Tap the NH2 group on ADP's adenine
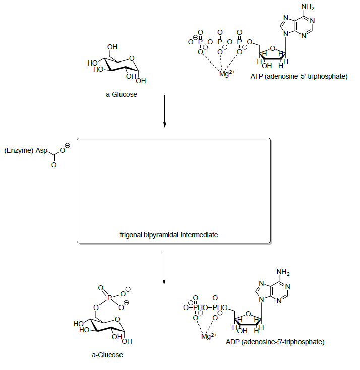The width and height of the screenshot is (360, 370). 284,273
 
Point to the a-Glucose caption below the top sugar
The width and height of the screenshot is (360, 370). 121,94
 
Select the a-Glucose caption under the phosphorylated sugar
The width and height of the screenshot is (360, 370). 107,355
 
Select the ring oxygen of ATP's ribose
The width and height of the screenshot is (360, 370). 273,49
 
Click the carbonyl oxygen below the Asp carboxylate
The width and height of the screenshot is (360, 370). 53,164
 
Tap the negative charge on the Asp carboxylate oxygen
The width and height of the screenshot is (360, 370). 68,145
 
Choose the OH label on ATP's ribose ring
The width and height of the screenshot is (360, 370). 267,66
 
